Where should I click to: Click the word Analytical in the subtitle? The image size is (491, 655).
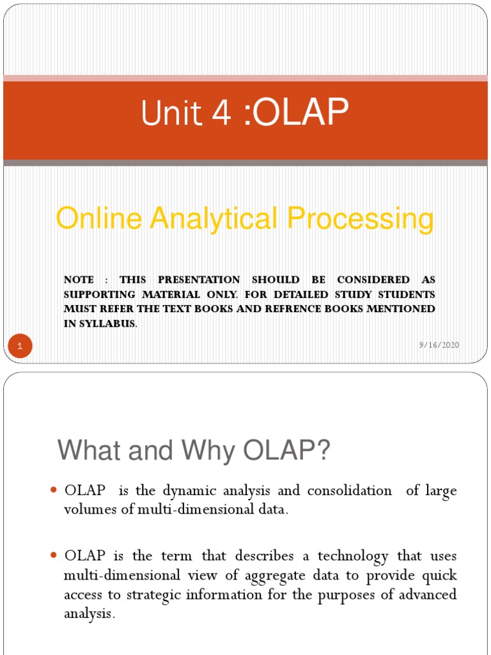(x=212, y=219)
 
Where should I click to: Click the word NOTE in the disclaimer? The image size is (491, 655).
(x=79, y=280)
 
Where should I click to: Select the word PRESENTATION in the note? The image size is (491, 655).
(x=199, y=280)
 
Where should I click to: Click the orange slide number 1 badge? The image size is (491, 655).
(x=20, y=347)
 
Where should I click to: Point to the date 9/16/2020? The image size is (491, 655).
(x=439, y=345)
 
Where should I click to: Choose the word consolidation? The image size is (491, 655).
(x=350, y=491)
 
